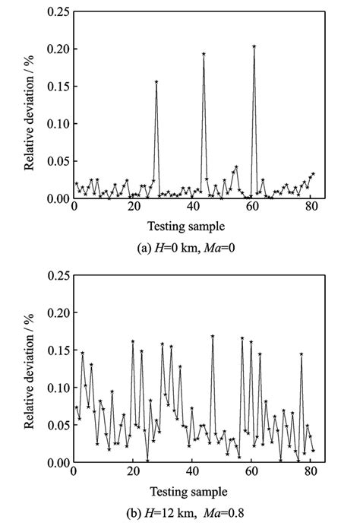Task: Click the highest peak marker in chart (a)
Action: pos(254,46)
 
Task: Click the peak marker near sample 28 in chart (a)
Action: pos(156,82)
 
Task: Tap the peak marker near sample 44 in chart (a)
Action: pos(204,54)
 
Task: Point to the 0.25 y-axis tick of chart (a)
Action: pos(55,11)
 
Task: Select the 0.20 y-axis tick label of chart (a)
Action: pos(55,49)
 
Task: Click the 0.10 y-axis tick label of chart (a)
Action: pos(55,123)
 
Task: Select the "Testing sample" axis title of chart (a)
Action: pos(192,226)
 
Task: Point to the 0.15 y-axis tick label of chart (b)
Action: pos(55,350)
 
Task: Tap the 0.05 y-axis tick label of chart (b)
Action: pos(55,424)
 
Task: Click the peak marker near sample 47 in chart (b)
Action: pos(213,336)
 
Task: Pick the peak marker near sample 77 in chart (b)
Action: pos(302,354)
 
